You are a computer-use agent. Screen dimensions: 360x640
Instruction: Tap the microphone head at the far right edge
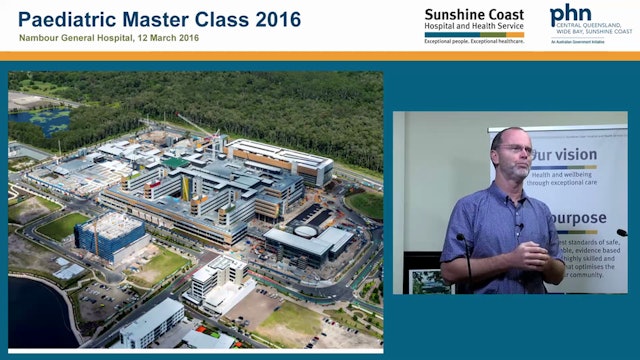coord(623,234)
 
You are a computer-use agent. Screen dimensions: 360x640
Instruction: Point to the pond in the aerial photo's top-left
coord(40,121)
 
